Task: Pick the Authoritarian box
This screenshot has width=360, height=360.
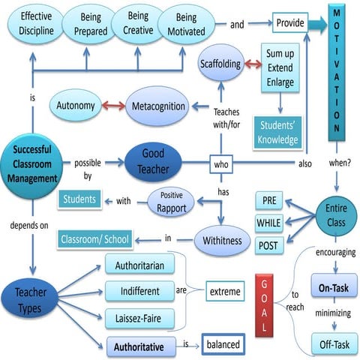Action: click(140, 264)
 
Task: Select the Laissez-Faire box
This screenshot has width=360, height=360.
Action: click(140, 316)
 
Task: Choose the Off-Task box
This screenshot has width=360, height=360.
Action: click(331, 344)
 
